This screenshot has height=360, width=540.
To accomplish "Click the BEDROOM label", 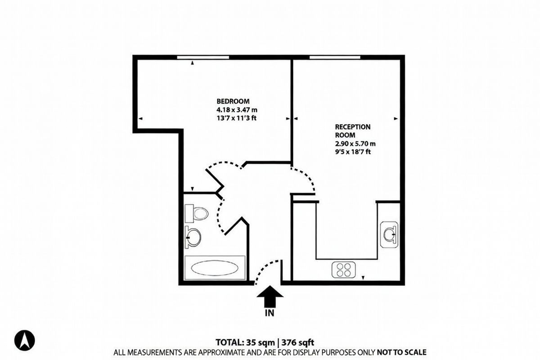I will (233, 101).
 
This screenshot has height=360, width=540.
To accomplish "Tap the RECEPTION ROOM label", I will (353, 130).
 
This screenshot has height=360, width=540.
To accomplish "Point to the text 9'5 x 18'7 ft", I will (353, 152).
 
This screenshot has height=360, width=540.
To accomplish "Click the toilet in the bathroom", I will (197, 213).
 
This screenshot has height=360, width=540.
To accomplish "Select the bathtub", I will (215, 269).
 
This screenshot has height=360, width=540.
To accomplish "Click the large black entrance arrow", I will (270, 297).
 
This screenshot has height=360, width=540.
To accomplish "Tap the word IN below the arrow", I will (270, 312).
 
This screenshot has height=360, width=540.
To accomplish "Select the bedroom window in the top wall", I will (202, 57).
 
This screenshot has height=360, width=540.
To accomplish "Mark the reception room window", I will (335, 57).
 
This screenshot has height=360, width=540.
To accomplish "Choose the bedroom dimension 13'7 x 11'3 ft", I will (239, 118).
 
